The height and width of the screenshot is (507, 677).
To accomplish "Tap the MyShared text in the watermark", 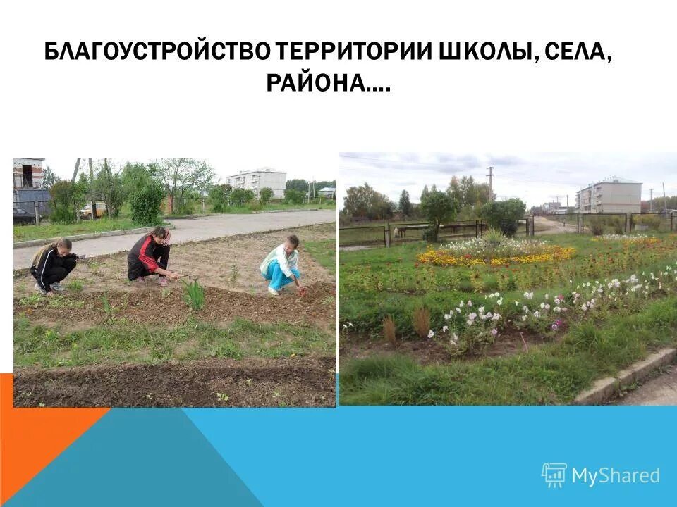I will pos(616,475).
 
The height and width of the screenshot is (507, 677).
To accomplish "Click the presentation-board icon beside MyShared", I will pos(554,475).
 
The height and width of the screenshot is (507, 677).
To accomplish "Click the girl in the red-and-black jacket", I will pos(149,256).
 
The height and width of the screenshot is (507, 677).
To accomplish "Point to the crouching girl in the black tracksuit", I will pos(53,265).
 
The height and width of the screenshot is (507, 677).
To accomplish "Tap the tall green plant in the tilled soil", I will pos(194,294).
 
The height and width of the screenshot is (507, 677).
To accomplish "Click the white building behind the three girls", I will pos(257,182).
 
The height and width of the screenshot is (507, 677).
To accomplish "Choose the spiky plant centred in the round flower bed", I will pos(493,239).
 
